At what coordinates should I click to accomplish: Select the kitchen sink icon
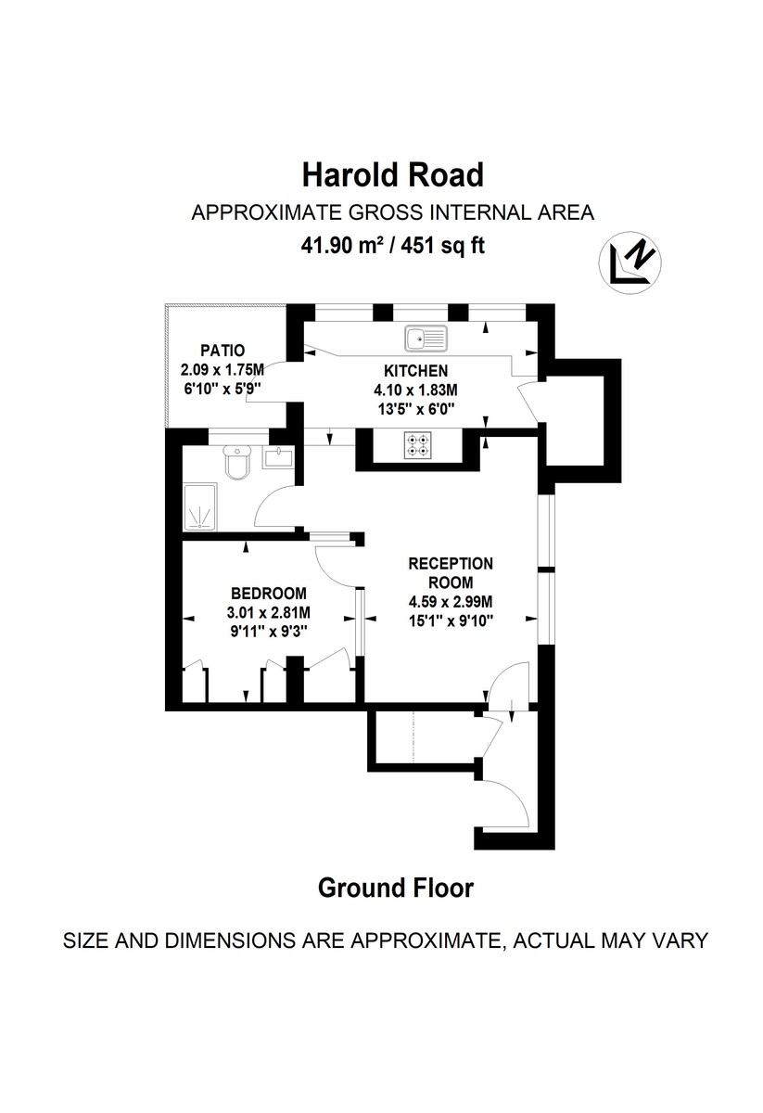point(426,339)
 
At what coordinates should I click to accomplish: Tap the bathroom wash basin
point(278,456)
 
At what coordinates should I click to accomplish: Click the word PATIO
point(222,351)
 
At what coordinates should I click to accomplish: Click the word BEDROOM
point(268,594)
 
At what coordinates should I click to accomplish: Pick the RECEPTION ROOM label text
point(451,573)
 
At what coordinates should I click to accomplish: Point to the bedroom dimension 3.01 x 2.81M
point(268,612)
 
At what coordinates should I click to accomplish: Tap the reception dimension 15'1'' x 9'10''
point(451,620)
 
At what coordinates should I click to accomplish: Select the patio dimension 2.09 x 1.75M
point(222,369)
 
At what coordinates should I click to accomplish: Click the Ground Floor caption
point(396,888)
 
